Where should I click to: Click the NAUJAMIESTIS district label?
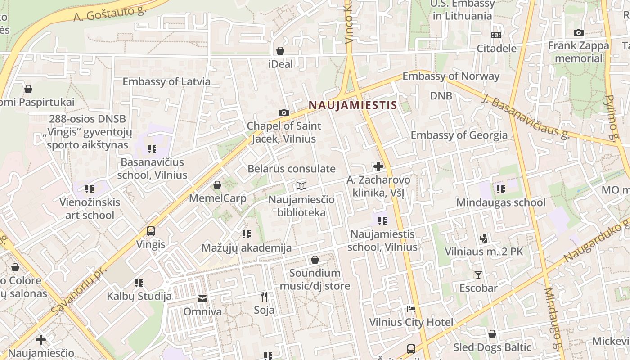353,105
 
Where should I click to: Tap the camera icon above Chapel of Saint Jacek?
283,112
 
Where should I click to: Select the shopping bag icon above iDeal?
280,51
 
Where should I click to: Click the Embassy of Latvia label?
166,82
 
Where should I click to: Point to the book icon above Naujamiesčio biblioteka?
301,186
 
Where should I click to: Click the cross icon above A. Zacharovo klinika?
378,166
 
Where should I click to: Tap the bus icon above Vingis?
151,231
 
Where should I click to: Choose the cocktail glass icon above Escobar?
478,274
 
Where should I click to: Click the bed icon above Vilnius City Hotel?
411,309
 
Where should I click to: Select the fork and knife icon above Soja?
264,296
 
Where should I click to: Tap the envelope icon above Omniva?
202,298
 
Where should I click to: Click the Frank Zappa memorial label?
578,52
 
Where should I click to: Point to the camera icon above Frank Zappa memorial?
578,32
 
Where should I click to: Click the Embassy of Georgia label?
459,135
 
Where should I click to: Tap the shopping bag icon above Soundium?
315,260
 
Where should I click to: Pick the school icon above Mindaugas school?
500,189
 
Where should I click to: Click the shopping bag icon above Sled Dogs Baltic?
492,334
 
